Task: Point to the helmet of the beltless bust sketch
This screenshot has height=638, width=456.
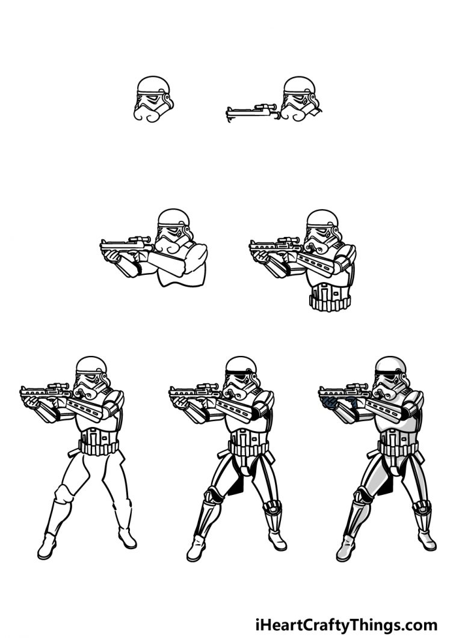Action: coord(174,231)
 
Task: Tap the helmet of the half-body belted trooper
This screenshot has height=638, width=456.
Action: coord(323,232)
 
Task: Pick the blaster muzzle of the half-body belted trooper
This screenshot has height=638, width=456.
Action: coord(253,247)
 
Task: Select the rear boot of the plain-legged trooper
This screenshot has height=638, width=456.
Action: coord(127,538)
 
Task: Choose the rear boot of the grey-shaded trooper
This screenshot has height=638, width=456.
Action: coord(426,539)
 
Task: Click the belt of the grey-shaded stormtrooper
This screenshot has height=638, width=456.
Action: coord(398,449)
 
